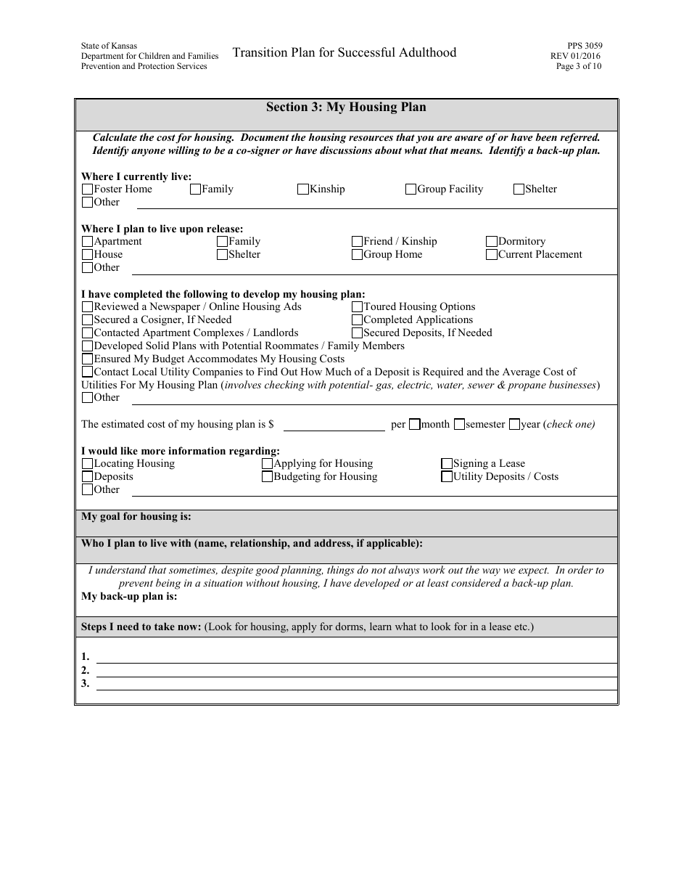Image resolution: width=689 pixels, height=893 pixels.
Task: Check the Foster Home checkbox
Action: pos(87,189)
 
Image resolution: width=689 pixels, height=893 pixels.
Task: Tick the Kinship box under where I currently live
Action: pos(303,189)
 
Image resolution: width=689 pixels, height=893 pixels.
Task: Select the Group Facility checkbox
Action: pos(411,189)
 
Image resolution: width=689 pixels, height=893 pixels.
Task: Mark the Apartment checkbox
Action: pos(87,242)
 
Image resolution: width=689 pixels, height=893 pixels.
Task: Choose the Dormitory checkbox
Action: pos(492,242)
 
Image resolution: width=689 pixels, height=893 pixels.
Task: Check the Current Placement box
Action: pos(492,255)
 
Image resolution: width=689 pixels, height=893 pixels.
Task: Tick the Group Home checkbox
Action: pos(357,255)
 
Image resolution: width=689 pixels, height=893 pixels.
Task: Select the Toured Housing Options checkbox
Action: pos(357,307)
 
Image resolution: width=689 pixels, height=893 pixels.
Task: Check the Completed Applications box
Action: pos(357,320)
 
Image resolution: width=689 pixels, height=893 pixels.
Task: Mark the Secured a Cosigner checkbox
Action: pos(87,320)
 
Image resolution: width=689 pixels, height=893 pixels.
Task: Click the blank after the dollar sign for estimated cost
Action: pos(333,424)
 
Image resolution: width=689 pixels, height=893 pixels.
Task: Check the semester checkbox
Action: pos(459,425)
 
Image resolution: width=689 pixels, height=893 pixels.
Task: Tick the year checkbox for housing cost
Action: pos(514,425)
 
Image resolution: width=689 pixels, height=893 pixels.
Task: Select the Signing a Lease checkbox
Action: pos(447,464)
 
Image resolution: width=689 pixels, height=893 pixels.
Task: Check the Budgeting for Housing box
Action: pos(267,477)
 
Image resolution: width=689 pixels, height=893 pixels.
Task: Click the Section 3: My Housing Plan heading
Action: pos(346,107)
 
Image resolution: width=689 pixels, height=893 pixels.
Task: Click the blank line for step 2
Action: pos(355,670)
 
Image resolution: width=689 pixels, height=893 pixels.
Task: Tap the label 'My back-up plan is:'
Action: pos(129,597)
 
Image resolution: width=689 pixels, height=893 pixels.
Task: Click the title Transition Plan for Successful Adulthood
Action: pos(344,52)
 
